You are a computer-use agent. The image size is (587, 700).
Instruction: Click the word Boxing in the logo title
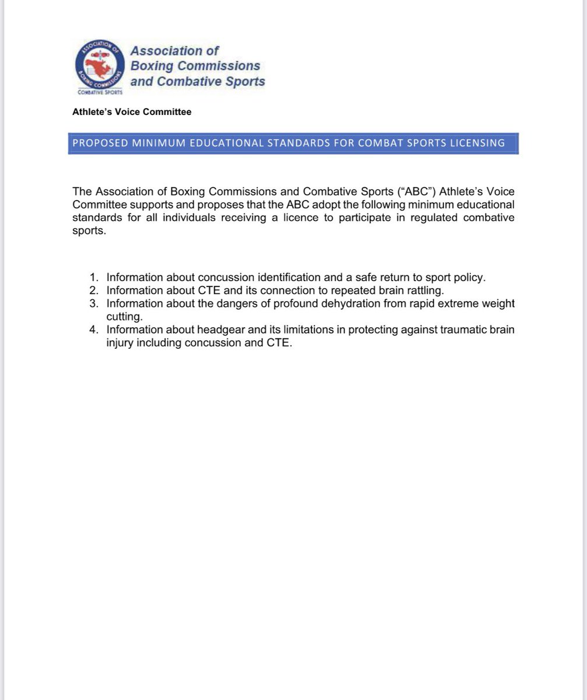pos(152,66)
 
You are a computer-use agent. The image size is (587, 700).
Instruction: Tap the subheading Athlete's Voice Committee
pos(132,111)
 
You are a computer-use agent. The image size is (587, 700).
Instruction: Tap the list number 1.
pos(93,278)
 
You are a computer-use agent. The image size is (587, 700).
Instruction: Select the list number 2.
pos(93,290)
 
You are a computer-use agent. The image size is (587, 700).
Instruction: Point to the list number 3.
pos(93,303)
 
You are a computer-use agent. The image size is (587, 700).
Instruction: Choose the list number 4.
pos(93,330)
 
